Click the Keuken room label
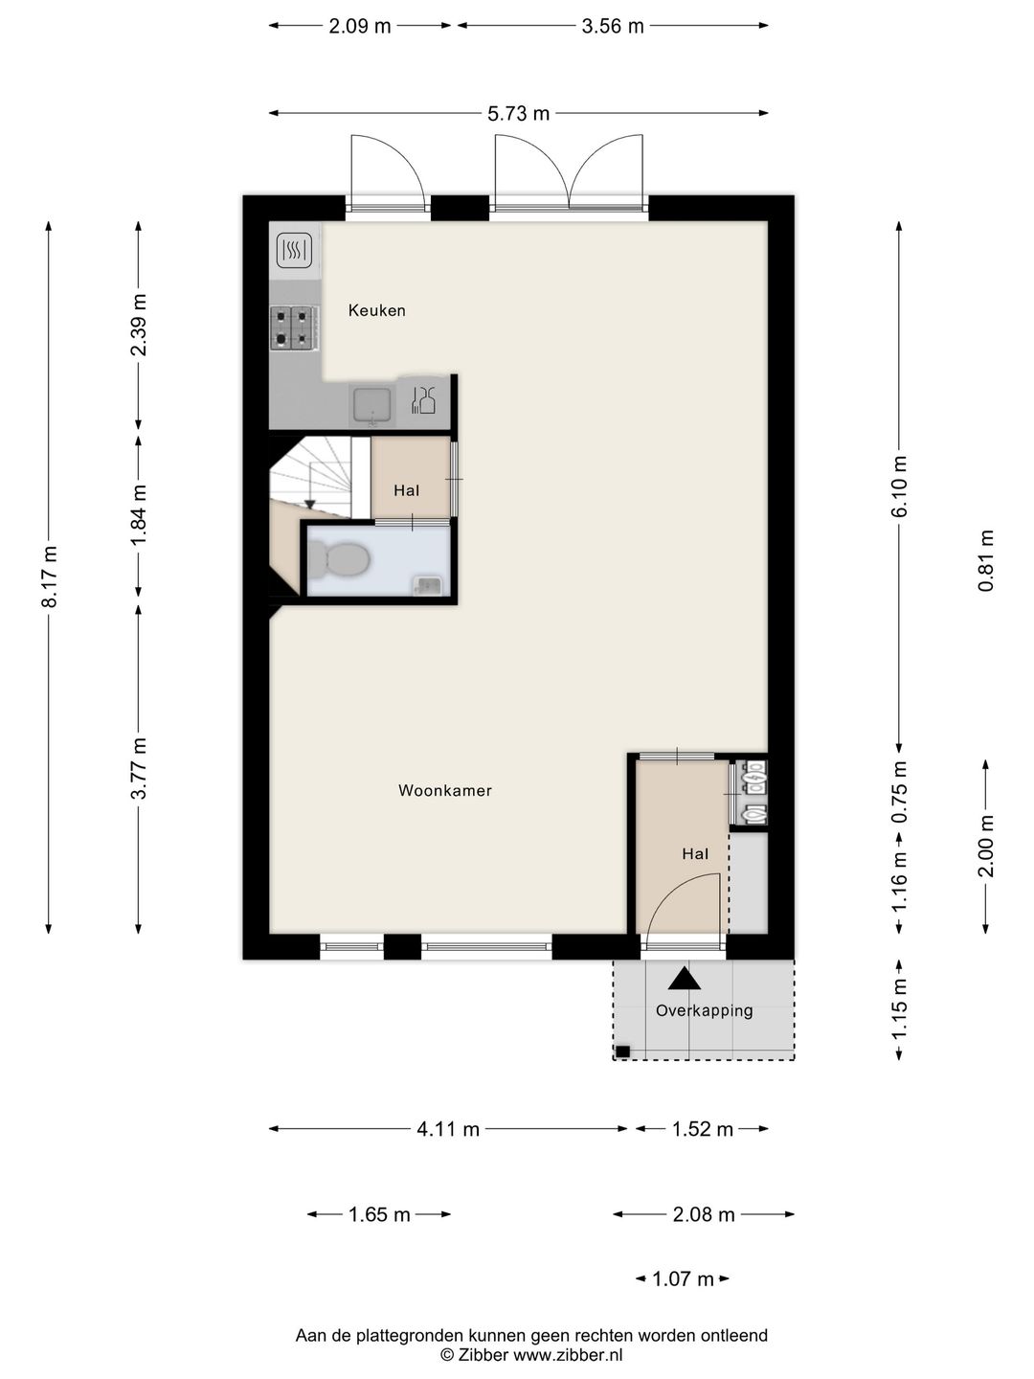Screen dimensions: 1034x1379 coord(376,310)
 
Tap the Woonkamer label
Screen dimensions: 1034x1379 coord(444,790)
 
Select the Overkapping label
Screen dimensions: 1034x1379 coord(704,1011)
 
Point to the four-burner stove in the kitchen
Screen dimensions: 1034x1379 coord(291,328)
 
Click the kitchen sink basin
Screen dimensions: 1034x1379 coord(372,404)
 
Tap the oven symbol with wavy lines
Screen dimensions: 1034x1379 coord(294,251)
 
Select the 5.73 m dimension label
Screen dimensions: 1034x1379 coord(519,114)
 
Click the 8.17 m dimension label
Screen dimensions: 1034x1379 coord(50,576)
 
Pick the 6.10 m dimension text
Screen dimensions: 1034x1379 coord(898,486)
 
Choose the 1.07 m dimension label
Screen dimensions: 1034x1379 coord(683,1279)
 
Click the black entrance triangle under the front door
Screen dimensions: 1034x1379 coord(684,979)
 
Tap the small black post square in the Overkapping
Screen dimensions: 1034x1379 coord(622,1051)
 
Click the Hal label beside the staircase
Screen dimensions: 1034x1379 coord(406,490)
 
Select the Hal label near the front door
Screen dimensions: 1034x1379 coord(695,854)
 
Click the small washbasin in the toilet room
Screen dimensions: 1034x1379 coord(427,586)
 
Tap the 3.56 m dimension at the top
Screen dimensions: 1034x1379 coord(613,27)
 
